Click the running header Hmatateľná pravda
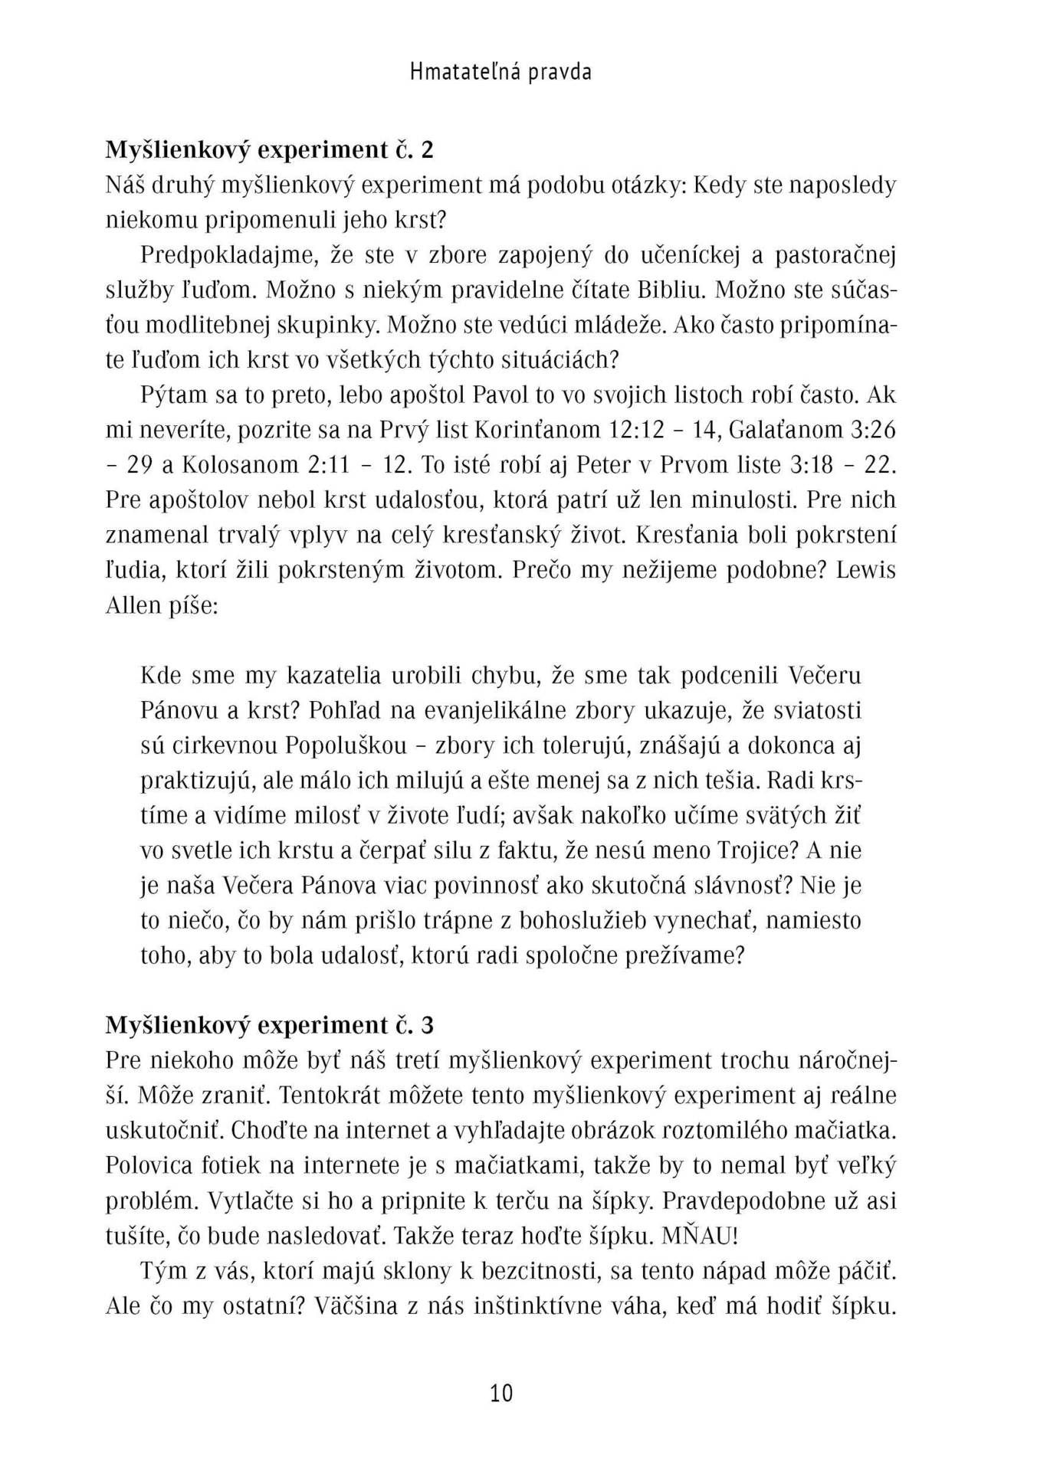click(500, 72)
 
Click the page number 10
click(501, 1392)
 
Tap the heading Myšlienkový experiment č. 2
click(269, 149)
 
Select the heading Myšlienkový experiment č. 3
click(269, 1025)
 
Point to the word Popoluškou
click(346, 745)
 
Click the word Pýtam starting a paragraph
click(174, 395)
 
